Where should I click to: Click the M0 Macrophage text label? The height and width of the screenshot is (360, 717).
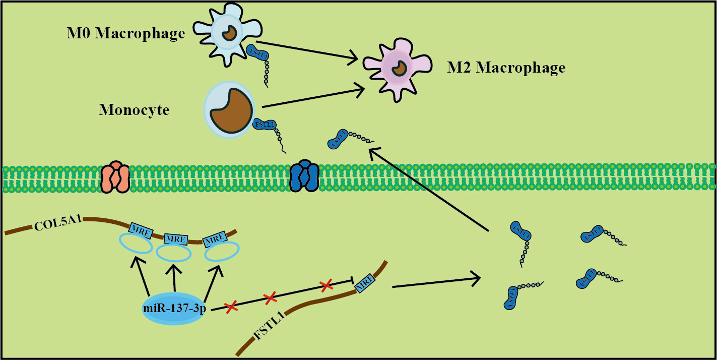126,34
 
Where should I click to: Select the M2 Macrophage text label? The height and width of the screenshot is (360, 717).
506,67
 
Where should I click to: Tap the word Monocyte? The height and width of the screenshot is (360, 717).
134,109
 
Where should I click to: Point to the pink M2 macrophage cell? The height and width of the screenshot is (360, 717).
397,66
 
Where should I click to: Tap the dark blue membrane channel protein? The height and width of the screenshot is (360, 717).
304,176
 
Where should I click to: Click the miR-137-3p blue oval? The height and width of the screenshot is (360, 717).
174,308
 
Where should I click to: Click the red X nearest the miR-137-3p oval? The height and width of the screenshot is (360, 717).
231,307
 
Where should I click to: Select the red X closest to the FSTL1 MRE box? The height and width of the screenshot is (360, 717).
326,286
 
